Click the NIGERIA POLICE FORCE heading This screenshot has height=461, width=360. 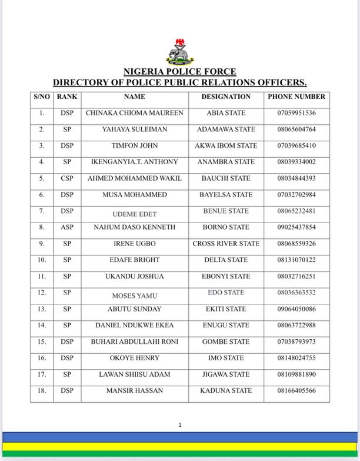tap(179, 72)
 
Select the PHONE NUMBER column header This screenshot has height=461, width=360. tap(296, 97)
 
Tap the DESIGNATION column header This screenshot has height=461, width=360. tap(226, 97)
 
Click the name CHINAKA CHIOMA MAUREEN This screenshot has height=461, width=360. tap(135, 113)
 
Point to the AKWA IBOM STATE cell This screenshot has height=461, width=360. tap(226, 145)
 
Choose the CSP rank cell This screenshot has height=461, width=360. tap(66, 178)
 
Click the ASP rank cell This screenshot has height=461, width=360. tap(66, 227)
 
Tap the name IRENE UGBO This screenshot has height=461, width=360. tap(135, 244)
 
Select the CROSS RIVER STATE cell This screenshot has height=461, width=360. tap(226, 244)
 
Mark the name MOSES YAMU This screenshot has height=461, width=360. tap(135, 296)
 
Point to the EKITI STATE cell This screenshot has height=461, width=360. tap(226, 309)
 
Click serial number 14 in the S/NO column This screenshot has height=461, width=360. tap(42, 325)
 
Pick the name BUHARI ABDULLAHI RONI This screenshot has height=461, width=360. tap(135, 341)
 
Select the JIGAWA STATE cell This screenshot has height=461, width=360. tap(226, 374)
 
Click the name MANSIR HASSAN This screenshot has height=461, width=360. tap(135, 390)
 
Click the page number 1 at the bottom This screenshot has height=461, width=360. tap(180, 424)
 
